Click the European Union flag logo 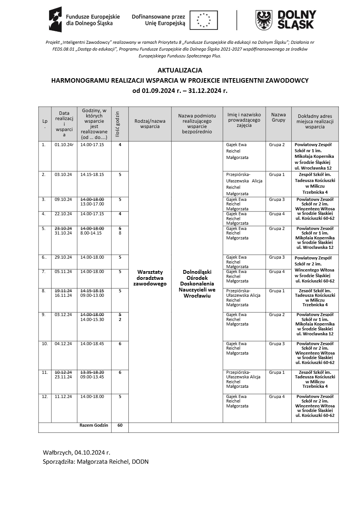pos(203,20)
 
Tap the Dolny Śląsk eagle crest pos(264,20)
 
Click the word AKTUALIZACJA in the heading pos(180,70)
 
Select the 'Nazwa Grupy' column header pos(278,117)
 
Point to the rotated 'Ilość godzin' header pos(117,124)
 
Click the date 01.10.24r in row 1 pos(64,145)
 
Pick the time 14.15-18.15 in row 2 pos(92,174)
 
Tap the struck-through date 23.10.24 pos(63,228)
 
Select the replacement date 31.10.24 pos(63,233)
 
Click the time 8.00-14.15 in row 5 pos(91,233)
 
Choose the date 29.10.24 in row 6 pos(63,257)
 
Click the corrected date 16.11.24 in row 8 pos(63,295)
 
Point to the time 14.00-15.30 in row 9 pos(92,319)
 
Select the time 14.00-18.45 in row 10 pos(92,344)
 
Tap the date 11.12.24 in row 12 pos(63,396)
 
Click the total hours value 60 pos(120,425)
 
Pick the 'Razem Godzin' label pos(94,425)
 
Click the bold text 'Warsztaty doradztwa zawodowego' pos(150,278)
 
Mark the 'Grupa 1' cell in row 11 pos(277,372)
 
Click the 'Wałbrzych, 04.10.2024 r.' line pos(77,452)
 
